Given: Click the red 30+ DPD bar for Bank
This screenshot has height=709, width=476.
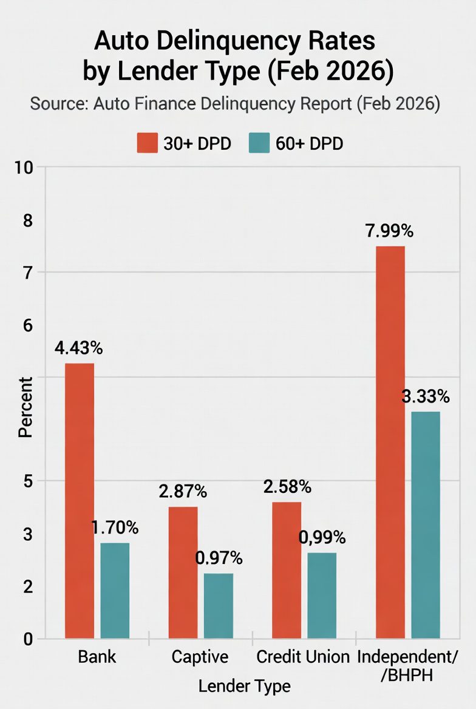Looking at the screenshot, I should (x=80, y=501).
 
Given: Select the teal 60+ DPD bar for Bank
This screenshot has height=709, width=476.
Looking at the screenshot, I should (x=115, y=591).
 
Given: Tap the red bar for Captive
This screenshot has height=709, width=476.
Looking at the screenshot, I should (x=183, y=572).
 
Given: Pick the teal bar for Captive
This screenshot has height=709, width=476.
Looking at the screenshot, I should (x=218, y=606).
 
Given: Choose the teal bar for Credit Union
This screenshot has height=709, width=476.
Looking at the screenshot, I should (x=321, y=595).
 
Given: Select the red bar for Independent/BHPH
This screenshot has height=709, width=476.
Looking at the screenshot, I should (x=390, y=442).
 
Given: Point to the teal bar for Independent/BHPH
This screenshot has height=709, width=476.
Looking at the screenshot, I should (x=425, y=525).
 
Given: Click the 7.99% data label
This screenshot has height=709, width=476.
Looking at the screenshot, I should (x=389, y=231).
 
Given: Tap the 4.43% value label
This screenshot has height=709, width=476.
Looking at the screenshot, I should (x=78, y=348).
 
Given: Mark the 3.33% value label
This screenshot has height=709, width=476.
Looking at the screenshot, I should (x=426, y=397).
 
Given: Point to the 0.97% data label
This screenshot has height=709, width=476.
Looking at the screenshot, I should (x=219, y=558).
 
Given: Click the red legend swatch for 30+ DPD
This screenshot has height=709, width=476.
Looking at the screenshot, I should (x=147, y=143).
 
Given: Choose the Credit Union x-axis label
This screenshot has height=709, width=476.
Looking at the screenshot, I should (x=303, y=657).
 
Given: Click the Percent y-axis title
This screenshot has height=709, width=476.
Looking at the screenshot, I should (x=25, y=407).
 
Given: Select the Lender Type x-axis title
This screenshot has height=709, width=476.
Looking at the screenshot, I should (x=244, y=686).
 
